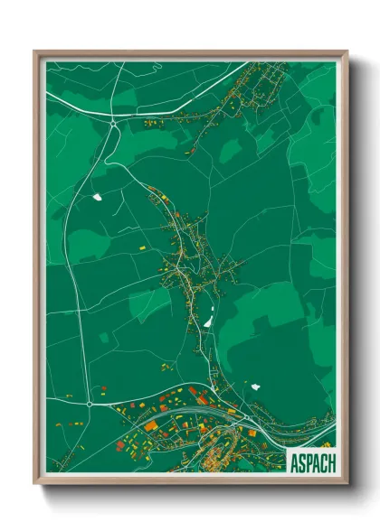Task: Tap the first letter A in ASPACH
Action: pos(293,462)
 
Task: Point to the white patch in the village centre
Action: pos(207,321)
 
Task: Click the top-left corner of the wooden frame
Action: pos(35,51)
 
